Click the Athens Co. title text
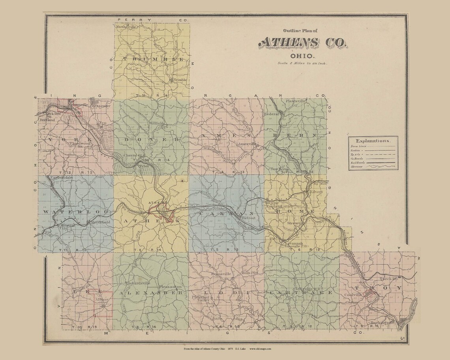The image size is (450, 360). pos(303,43)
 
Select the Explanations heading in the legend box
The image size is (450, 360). pos(373,141)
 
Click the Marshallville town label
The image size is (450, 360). pos(126,27)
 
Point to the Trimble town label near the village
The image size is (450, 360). pos(180,79)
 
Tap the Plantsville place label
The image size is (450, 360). pos(296,101)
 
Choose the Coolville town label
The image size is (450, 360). pos(352,294)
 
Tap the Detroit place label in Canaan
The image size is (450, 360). pos(249,217)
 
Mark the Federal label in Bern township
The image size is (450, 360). pos(272,114)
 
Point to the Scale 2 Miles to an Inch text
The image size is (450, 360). pos(303,63)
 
